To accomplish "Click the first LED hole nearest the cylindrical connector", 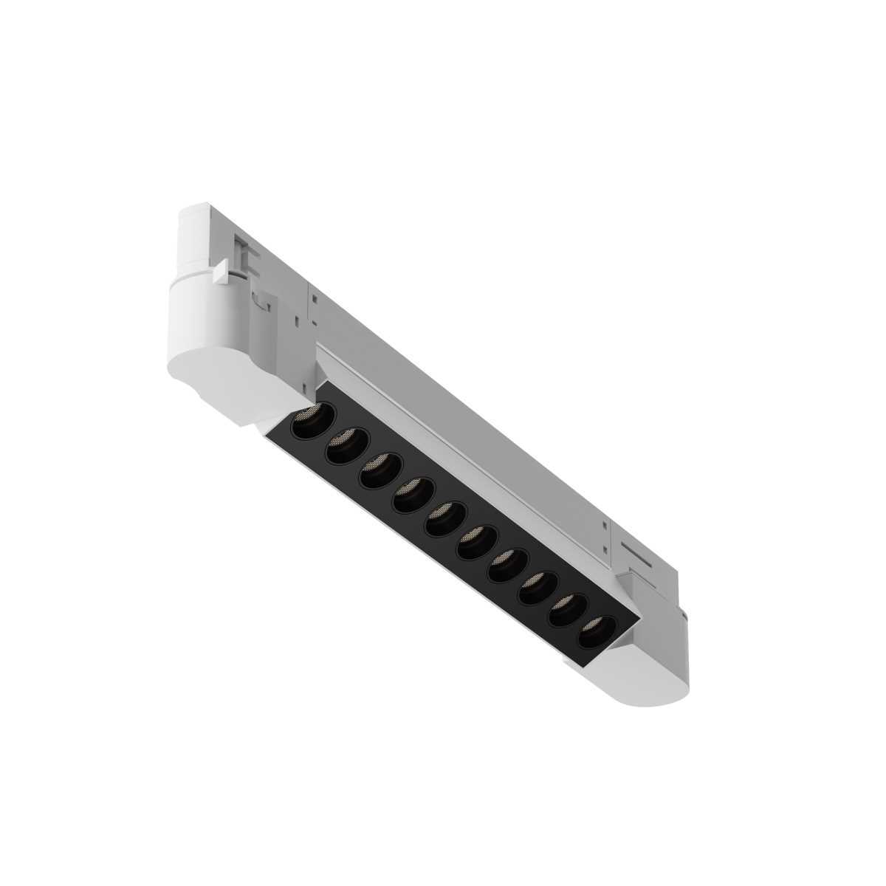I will pos(308,423).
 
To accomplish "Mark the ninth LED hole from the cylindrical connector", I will pos(567,608).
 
